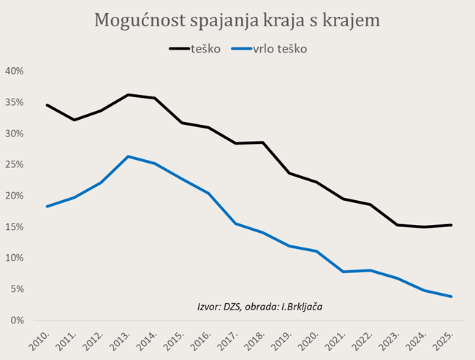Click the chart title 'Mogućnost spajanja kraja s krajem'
(237, 20)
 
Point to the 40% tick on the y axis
(15, 72)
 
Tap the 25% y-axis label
(15, 165)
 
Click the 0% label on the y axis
(18, 321)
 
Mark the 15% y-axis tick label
(15, 227)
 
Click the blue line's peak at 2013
(128, 156)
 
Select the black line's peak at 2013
(128, 95)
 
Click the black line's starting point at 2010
(47, 105)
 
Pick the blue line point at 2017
(236, 223)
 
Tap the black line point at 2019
(290, 173)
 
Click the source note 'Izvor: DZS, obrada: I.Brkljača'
(260, 306)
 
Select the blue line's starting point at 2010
(47, 207)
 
